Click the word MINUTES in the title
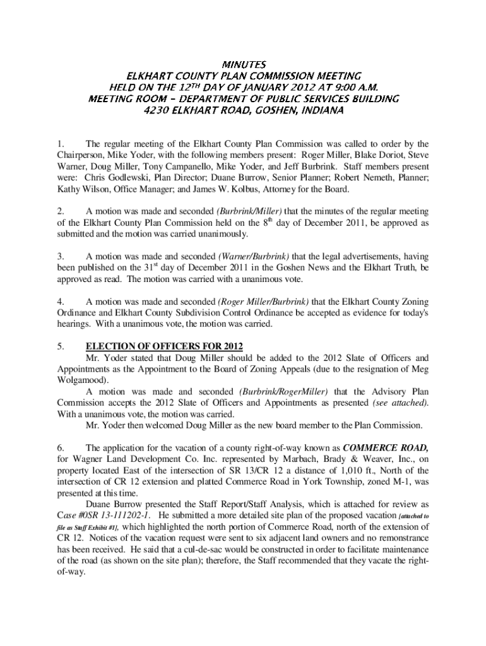[x=244, y=64]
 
